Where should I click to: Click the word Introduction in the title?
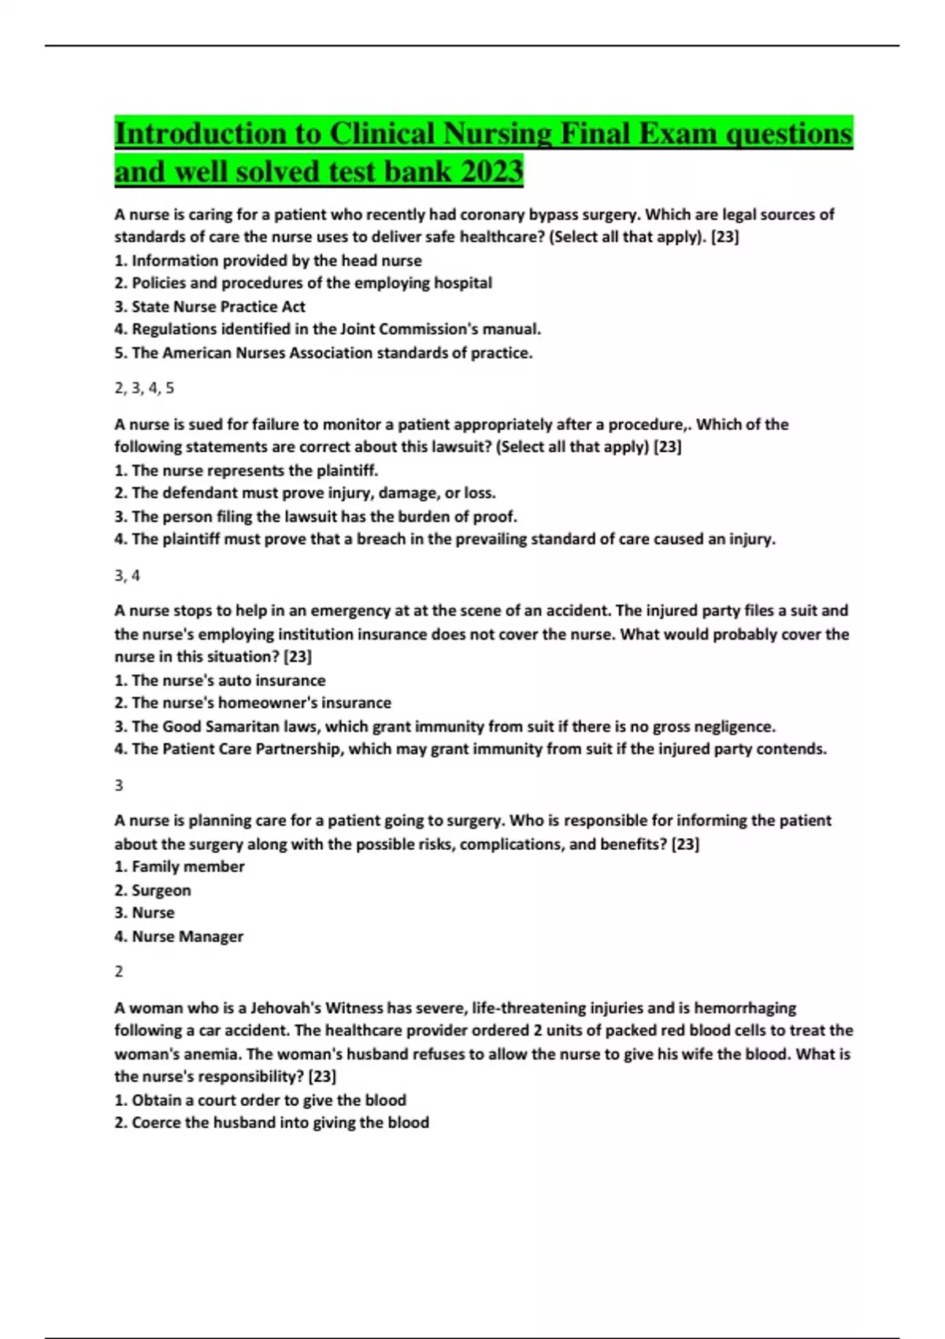coord(201,133)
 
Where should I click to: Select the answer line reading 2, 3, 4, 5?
coord(144,388)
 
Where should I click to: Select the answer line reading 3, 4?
coord(127,576)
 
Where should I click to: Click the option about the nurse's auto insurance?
coord(220,681)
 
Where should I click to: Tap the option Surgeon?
coord(153,890)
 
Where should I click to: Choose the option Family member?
coord(180,866)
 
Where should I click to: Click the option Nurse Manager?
coord(179,937)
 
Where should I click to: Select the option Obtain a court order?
coord(261,1100)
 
